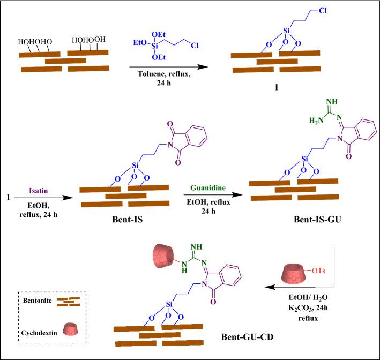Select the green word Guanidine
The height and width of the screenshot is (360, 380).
(208, 189)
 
